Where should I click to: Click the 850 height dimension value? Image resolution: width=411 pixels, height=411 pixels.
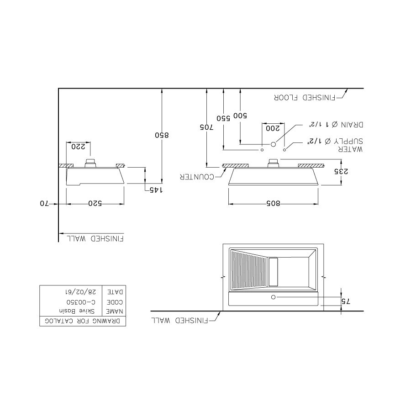(x=162, y=135)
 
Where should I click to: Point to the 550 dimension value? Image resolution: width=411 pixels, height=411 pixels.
(x=223, y=117)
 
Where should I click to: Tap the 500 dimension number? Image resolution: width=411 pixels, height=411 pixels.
(x=240, y=116)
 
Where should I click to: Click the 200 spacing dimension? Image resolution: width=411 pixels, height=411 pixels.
(x=273, y=128)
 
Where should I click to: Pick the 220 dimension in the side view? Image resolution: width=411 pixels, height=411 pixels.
(x=78, y=147)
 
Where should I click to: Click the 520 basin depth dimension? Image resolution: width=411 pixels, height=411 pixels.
(x=95, y=203)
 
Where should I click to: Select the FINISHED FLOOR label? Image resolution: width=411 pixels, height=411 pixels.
(x=305, y=98)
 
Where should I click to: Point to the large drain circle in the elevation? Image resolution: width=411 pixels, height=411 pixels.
(x=273, y=144)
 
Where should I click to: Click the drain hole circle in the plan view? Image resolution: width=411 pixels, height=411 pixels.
(x=273, y=297)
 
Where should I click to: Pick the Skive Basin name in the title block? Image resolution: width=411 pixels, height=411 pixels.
(x=82, y=311)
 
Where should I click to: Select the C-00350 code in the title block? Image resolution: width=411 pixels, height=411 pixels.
(x=81, y=302)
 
